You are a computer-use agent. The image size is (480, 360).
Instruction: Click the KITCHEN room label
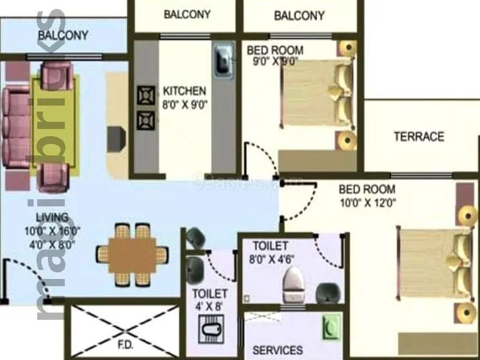click(184, 91)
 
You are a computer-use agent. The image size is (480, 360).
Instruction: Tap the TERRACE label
click(419, 137)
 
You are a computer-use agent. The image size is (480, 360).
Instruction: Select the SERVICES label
click(277, 350)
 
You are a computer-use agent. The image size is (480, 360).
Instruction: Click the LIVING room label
click(53, 217)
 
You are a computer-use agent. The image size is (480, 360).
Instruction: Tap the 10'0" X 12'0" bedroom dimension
click(367, 202)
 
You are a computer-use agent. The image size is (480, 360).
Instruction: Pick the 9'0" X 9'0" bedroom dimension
click(272, 61)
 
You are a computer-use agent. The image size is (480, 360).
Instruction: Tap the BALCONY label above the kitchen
click(187, 14)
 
